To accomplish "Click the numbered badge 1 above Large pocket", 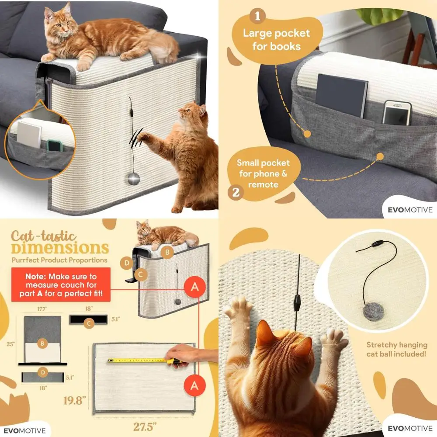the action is pos(257,16).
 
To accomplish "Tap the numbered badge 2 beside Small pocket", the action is pos(236,192).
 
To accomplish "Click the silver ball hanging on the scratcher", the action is pos(133,178).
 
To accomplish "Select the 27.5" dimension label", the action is pos(145,427).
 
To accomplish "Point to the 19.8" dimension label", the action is pos(75,400).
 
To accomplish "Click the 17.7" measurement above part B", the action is pos(42,309).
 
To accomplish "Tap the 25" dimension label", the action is pos(10,344).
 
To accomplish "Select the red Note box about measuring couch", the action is pos(61,284).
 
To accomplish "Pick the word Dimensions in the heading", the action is pos(60,248).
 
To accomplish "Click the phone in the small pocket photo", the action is pos(397,113).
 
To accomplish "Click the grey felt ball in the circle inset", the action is pos(374,312).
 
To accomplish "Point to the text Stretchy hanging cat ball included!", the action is pos(397,350).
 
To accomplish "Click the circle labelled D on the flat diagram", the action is pos(43,372).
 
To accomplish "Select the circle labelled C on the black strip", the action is pos(89,323).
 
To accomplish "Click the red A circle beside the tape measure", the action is pos(194,386).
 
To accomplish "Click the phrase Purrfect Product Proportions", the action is pos(59,260).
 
